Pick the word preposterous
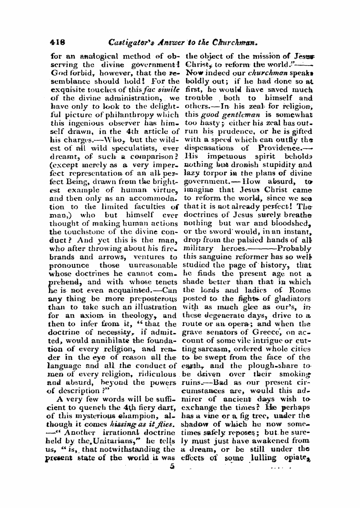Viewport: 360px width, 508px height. (154, 299)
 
